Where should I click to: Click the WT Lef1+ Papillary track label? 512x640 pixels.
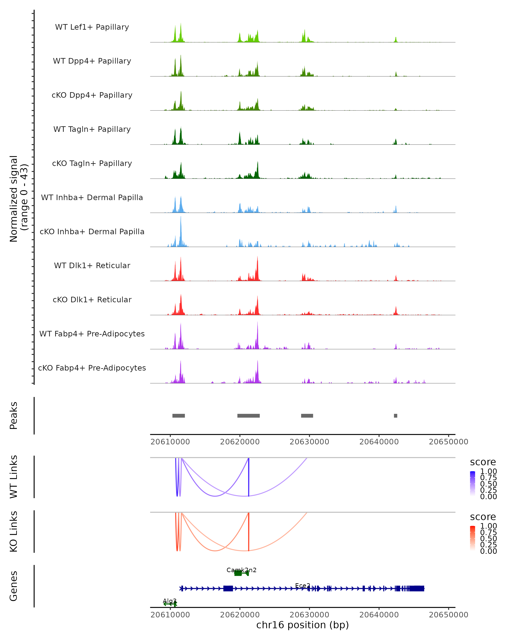pos(92,27)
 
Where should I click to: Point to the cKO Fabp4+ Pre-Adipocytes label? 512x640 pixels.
pos(92,368)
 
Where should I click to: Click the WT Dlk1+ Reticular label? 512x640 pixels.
pos(92,265)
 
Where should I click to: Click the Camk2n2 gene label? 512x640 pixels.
pos(241,570)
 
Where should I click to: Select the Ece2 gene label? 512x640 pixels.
pos(303,585)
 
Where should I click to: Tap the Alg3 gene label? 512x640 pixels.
pos(170,601)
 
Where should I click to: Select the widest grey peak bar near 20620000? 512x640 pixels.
pos(249,416)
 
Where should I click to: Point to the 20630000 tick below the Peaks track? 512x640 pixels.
pos(309,442)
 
